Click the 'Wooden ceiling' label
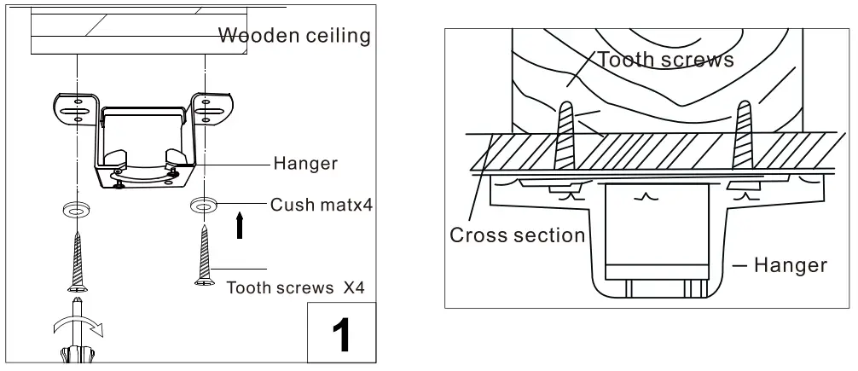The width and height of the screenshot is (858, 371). coord(294,36)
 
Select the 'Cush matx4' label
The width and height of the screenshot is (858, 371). coord(312,205)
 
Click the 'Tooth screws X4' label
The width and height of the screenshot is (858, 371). coord(295,287)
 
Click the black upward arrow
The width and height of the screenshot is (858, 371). coord(241,227)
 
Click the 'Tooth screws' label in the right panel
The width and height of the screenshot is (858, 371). coord(665,60)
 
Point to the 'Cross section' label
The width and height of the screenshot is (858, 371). coord(518,235)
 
